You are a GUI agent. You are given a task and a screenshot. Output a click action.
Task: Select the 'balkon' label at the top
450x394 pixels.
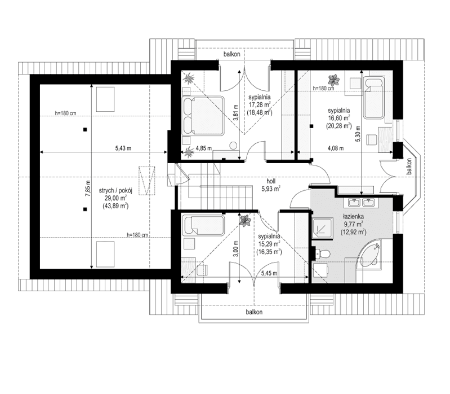(232, 55)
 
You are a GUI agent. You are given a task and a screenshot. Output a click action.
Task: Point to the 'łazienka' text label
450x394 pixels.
(357, 216)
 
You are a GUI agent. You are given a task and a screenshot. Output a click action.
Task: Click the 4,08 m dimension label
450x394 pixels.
(338, 149)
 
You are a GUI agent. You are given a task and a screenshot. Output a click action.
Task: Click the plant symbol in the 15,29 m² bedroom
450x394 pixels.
(246, 222)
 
